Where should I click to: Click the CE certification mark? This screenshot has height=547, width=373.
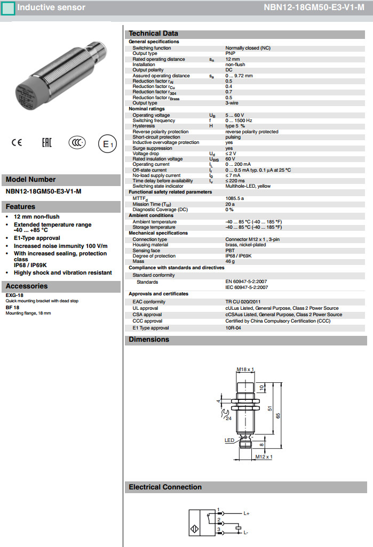[x=17, y=143]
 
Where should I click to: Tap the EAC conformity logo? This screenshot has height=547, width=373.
[x=47, y=143]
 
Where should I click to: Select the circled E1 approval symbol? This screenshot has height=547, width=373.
[x=107, y=144]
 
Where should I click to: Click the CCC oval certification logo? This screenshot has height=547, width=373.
[x=77, y=143]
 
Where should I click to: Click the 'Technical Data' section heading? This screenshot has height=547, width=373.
[x=154, y=33]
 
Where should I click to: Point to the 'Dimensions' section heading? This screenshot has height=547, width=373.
[x=149, y=340]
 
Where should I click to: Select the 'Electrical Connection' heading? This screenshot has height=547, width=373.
[x=165, y=487]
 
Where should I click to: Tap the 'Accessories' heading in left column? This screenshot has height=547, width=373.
[x=27, y=286]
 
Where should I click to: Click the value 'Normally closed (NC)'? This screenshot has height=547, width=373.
[x=248, y=48]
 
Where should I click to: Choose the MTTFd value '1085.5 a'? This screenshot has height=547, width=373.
[x=235, y=198]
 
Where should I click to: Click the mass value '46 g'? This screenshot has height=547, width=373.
[x=231, y=262]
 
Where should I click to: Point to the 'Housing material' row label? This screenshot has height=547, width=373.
[x=150, y=245]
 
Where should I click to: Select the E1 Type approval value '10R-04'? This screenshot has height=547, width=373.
[x=233, y=328]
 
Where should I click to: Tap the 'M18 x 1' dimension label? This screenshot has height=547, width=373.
[x=245, y=369]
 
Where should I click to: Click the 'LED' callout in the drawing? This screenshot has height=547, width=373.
[x=229, y=440]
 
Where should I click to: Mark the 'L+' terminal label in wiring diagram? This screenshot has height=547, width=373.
[x=247, y=514]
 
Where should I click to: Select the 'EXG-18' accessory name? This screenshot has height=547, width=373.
[x=14, y=295]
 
